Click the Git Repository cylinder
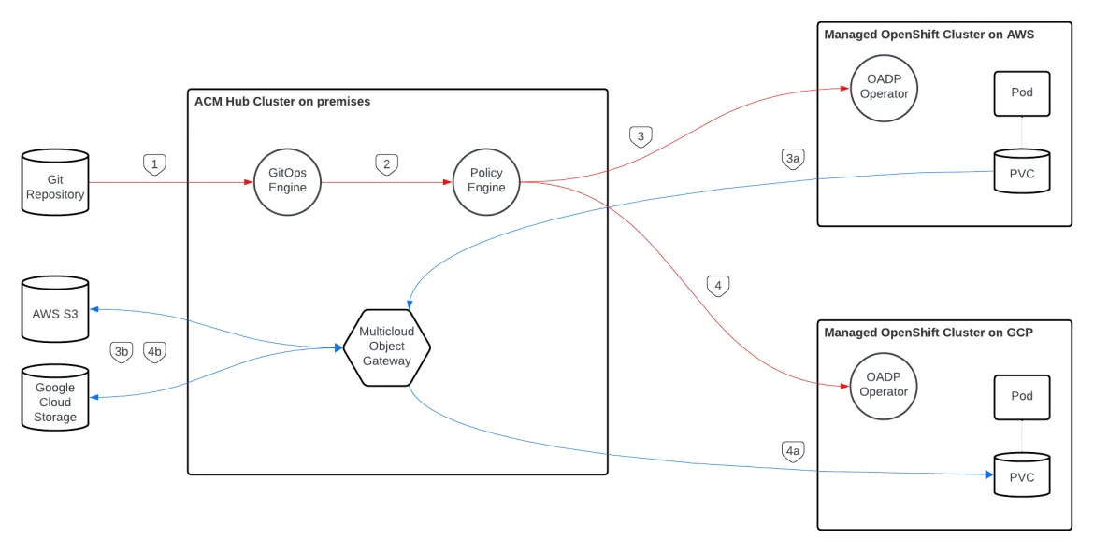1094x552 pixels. click(55, 183)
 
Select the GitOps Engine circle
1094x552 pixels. click(287, 180)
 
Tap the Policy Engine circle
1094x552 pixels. click(486, 180)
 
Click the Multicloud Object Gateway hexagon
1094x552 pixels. click(386, 347)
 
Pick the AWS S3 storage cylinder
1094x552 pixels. click(55, 309)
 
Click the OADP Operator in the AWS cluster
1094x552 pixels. click(884, 87)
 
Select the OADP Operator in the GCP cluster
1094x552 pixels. click(884, 385)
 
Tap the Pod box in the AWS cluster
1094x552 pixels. click(1021, 93)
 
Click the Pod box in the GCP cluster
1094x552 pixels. click(1021, 397)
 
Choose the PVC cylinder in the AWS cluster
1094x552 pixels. click(1021, 172)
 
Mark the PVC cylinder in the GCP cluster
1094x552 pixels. click(1021, 476)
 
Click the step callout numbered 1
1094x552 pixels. click(154, 164)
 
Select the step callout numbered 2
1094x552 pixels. click(386, 164)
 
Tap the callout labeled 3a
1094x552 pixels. click(792, 160)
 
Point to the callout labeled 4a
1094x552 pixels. click(792, 452)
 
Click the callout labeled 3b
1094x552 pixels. click(121, 352)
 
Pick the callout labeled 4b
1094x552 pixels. click(154, 352)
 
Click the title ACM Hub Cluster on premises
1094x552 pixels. click(281, 102)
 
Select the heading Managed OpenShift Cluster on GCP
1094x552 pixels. click(928, 333)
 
